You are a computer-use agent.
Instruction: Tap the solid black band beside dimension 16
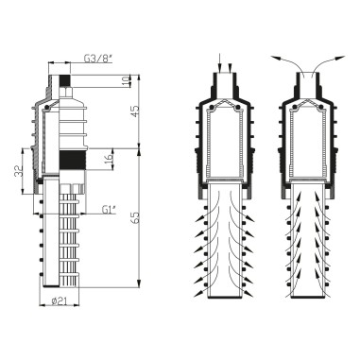click(x=72, y=161)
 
